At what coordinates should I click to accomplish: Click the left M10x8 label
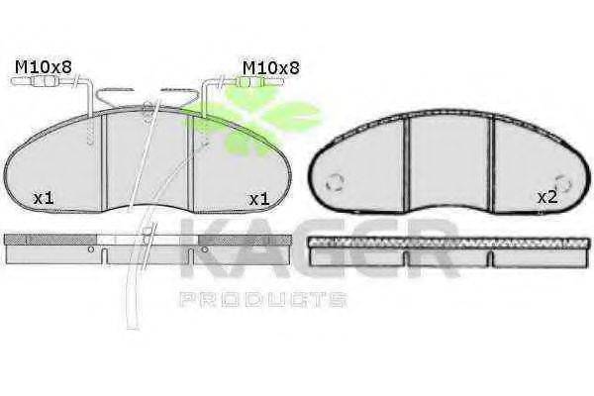pos(44,67)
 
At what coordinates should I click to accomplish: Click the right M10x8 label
pos(271,68)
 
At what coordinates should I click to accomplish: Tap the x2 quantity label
pos(547,197)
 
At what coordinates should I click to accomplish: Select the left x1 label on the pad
pos(44,198)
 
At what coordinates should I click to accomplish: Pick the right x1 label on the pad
pos(258,199)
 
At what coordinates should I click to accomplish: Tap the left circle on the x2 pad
pos(335,182)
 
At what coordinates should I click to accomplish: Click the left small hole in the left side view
pos(90,249)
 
